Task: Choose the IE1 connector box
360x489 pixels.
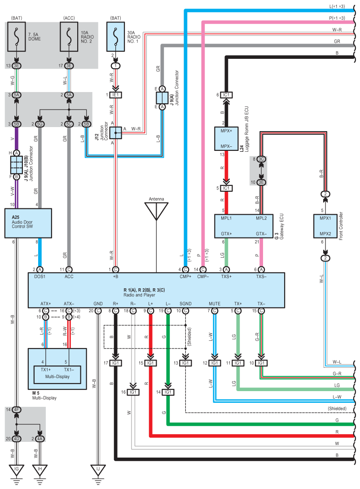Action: [x=116, y=95]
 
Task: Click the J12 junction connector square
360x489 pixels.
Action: [x=116, y=132]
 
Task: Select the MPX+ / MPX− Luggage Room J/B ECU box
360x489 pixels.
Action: [x=226, y=139]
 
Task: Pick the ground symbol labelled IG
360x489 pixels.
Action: [x=17, y=470]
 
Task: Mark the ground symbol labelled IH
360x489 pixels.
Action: [x=40, y=470]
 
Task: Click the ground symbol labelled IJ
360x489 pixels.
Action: [x=98, y=470]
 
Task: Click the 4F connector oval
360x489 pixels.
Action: [x=17, y=410]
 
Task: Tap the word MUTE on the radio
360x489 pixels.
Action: [x=215, y=303]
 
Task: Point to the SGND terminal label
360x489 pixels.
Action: [x=185, y=303]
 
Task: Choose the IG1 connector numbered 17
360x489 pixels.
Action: [x=116, y=363]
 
